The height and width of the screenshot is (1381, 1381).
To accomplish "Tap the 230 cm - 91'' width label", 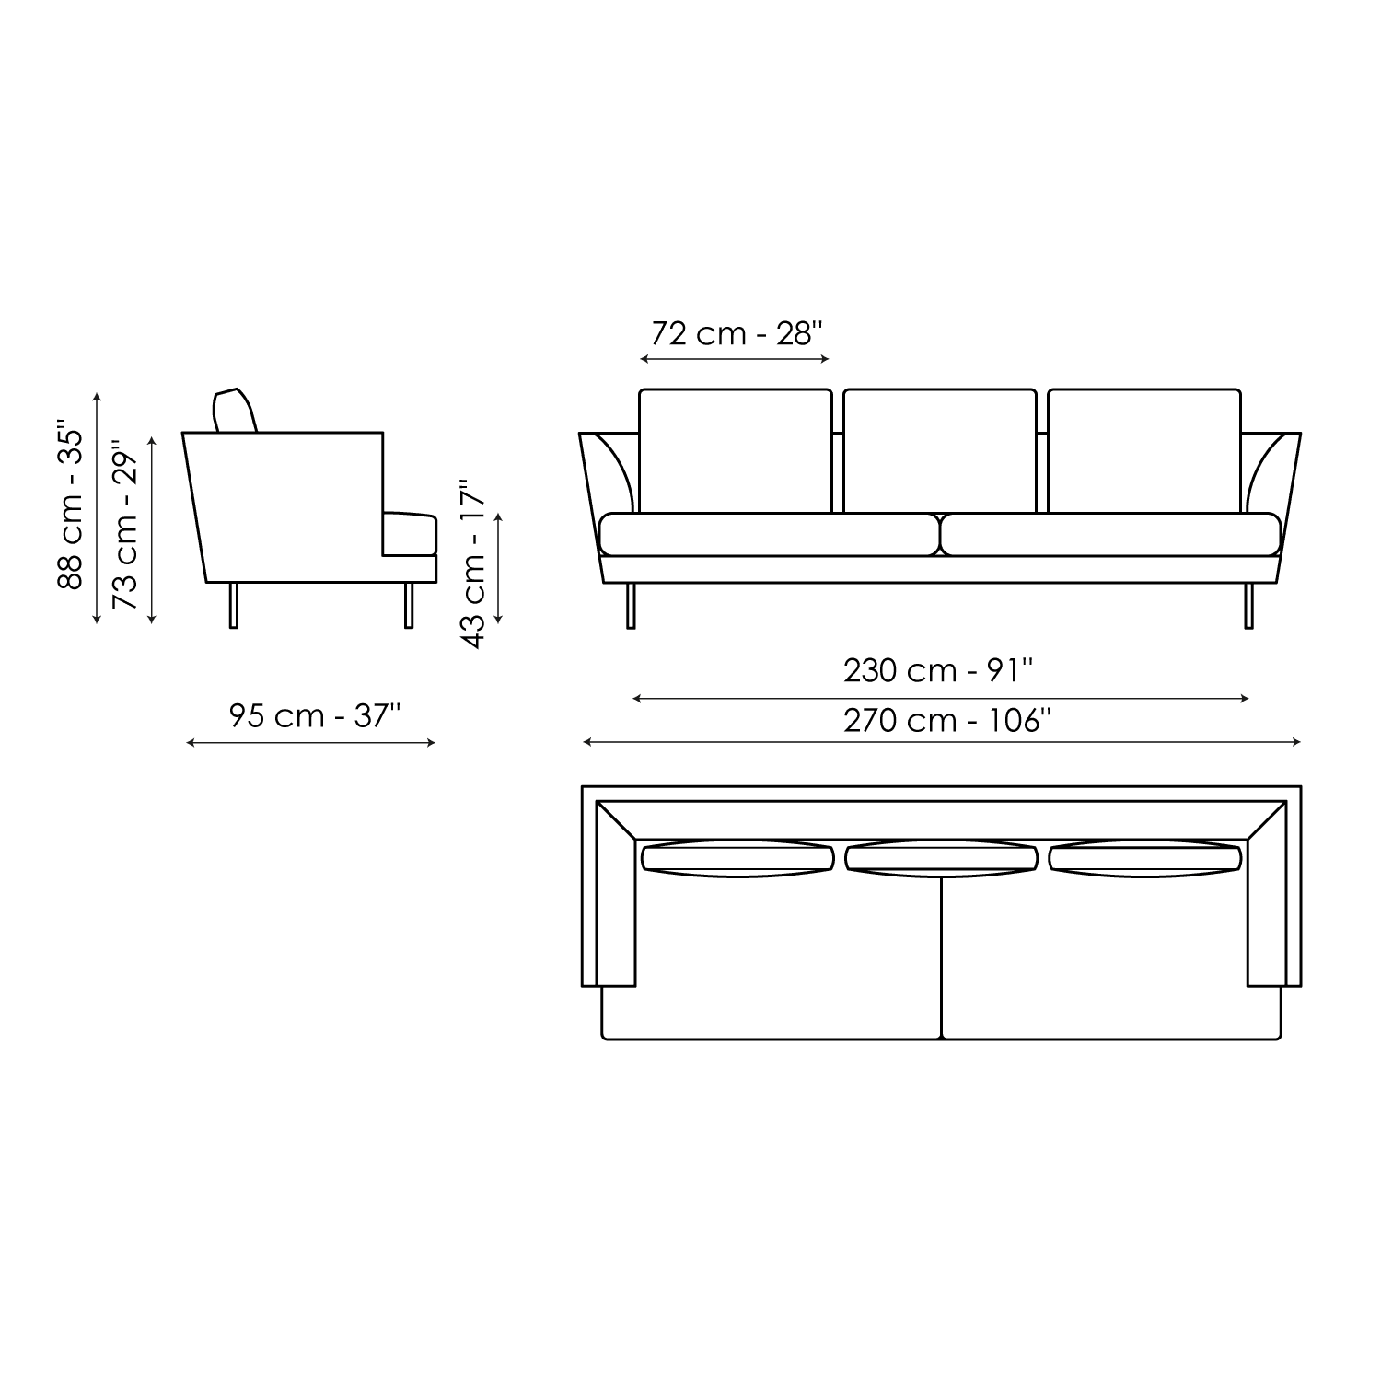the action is [x=939, y=670].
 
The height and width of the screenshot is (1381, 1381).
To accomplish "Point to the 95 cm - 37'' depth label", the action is [x=315, y=715].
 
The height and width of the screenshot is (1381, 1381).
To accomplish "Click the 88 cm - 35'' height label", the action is [x=71, y=505].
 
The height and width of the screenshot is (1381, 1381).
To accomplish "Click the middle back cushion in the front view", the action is [x=940, y=451].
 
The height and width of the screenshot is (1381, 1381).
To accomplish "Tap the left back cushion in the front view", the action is [x=736, y=451].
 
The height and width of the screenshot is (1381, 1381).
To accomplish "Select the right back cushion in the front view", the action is [x=1144, y=451].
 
